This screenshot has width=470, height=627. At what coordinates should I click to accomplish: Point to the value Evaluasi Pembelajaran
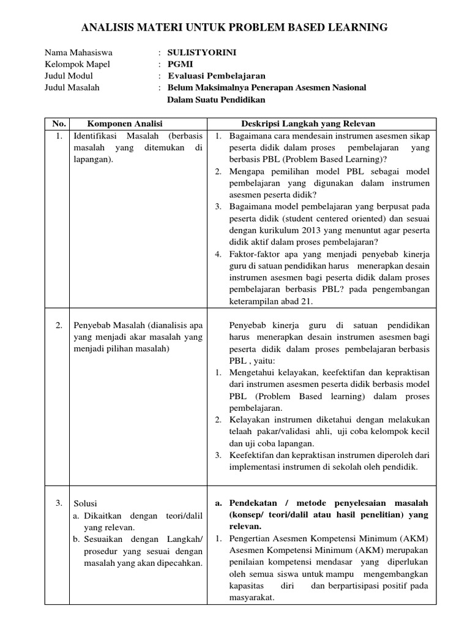click(217, 76)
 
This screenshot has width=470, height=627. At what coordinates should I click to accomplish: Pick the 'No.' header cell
click(59, 124)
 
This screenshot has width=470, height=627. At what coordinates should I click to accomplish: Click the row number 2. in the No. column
click(59, 325)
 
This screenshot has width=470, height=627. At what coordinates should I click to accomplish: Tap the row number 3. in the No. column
click(59, 503)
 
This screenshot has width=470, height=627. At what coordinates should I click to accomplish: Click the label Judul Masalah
click(72, 88)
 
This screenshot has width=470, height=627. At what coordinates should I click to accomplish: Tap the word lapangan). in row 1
click(93, 159)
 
